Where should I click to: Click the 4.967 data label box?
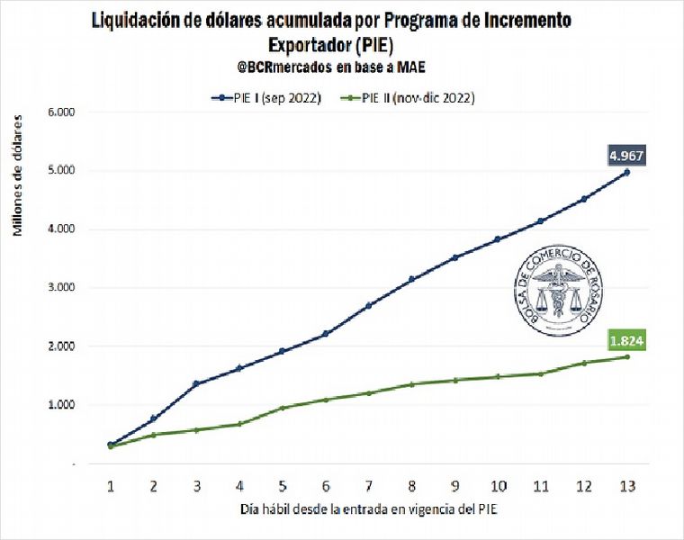click(x=625, y=155)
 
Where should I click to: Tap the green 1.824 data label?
click(x=625, y=341)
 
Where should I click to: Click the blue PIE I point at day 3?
click(x=196, y=384)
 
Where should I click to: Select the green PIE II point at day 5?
click(x=283, y=408)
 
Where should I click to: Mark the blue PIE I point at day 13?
click(x=626, y=172)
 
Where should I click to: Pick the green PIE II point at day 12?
click(x=583, y=363)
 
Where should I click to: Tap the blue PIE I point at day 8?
click(x=411, y=279)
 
